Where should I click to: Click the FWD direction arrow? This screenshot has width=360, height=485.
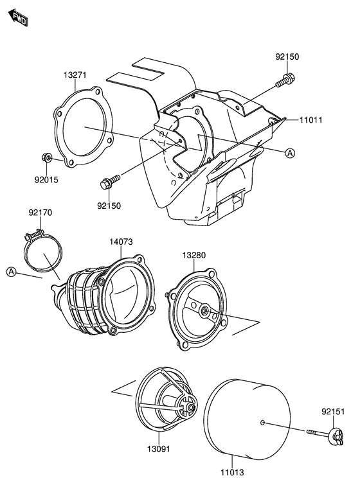point(19,17)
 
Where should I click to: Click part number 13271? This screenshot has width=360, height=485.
point(75,75)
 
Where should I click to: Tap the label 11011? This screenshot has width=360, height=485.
point(310,119)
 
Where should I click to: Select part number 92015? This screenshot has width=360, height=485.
point(46,180)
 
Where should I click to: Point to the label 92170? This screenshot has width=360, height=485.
point(40,213)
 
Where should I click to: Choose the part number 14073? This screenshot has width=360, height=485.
point(121,242)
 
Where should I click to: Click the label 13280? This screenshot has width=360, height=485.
point(194,255)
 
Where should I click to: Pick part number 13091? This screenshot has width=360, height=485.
point(159,449)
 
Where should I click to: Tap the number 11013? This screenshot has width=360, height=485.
point(232,472)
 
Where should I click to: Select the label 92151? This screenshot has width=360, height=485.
point(333,412)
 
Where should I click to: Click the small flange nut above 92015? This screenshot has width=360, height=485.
point(46,158)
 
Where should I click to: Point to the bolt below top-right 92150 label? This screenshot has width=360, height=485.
point(285,80)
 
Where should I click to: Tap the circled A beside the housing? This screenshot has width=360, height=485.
point(290,153)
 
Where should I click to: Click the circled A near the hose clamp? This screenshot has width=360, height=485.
point(11,272)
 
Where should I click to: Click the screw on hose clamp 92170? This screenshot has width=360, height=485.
point(33,236)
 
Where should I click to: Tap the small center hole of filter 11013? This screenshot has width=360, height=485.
point(262,423)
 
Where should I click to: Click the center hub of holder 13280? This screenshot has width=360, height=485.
point(204,310)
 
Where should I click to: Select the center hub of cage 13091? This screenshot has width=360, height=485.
point(190,408)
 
